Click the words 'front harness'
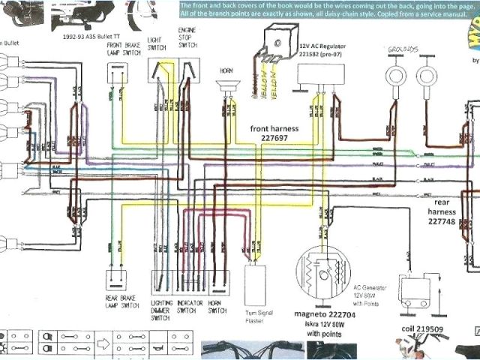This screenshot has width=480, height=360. coord(274,128)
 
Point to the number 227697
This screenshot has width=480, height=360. coord(274,138)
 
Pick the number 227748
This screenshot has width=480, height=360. coord(448,221)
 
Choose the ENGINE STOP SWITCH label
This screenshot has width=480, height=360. coord(187,35)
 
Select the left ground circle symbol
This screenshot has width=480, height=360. coord(394,75)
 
